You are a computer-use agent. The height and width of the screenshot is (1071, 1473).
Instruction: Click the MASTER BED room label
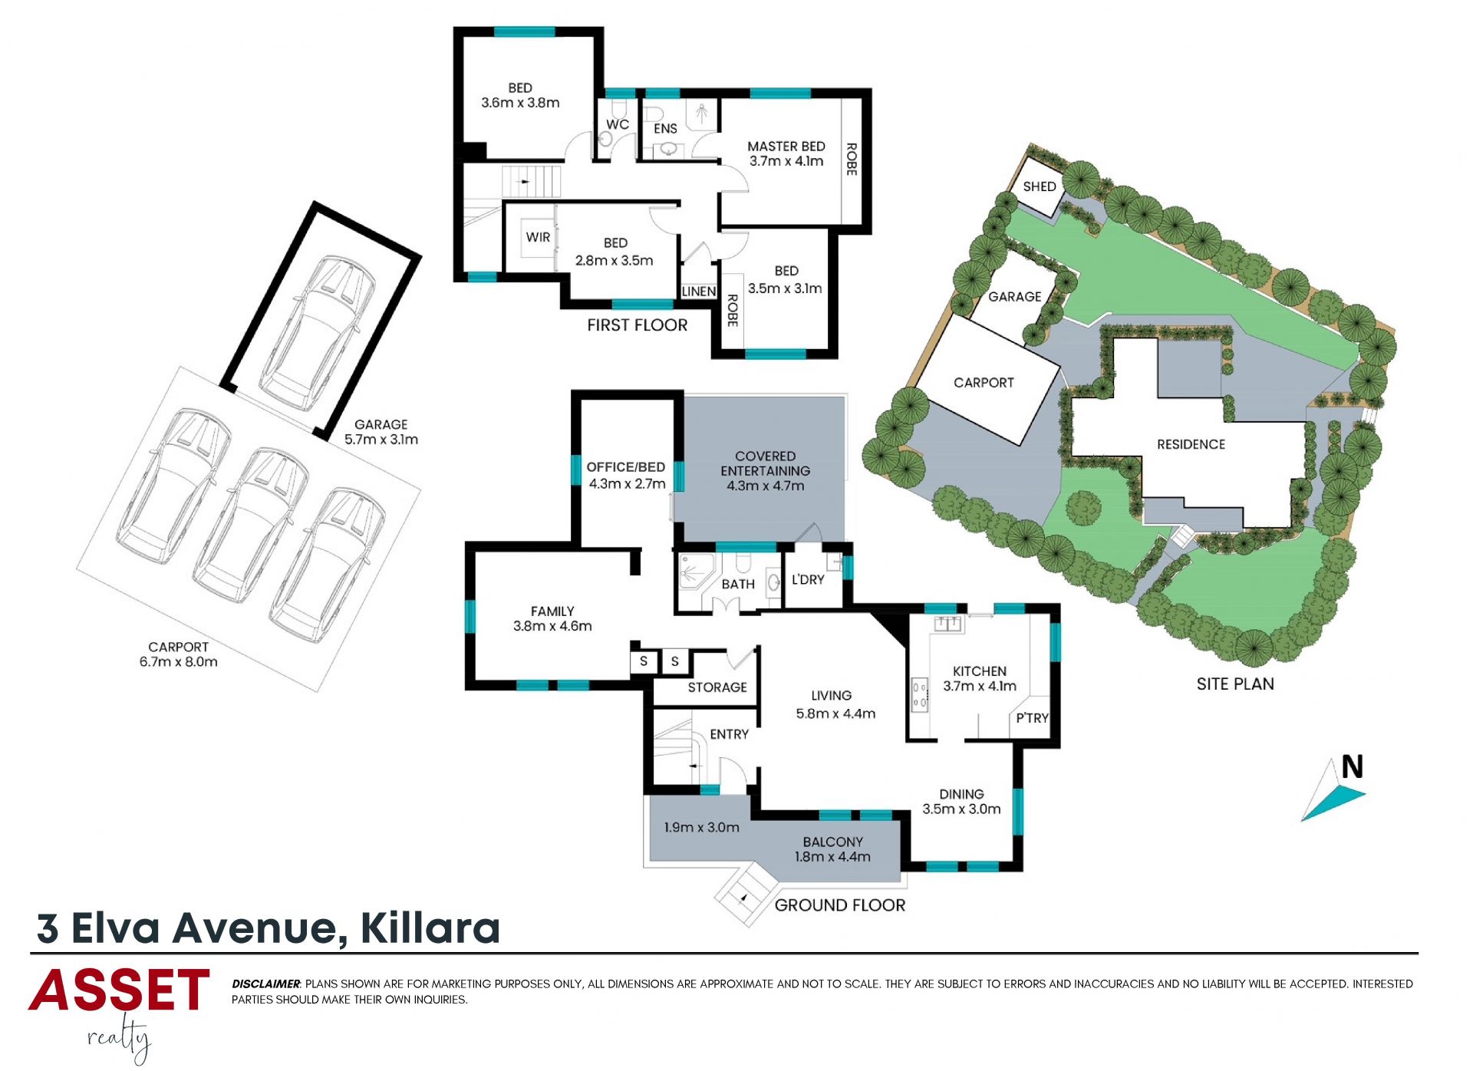(786, 147)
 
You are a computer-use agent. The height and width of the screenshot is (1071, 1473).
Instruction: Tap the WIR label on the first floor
(538, 237)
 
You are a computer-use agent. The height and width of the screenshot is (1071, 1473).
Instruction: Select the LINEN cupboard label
(699, 292)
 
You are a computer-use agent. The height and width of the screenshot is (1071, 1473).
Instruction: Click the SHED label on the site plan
(1040, 186)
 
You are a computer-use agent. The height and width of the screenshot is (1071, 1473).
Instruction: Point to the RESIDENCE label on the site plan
(1191, 444)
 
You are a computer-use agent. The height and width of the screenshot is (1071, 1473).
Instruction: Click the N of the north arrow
(1353, 767)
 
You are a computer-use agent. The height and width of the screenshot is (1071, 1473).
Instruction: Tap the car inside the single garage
(317, 334)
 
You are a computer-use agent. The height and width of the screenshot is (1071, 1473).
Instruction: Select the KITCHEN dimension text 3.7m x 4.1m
(980, 686)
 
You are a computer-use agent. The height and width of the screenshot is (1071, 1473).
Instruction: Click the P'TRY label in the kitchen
(1032, 718)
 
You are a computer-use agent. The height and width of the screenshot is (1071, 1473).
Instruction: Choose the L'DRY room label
(808, 579)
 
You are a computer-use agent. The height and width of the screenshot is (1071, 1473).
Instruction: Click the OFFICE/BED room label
(626, 467)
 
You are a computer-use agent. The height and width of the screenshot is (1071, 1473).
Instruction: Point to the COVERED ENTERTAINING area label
(765, 463)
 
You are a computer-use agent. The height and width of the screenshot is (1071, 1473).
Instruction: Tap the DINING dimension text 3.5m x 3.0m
(961, 809)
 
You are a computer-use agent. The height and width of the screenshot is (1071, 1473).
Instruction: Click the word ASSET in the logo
(119, 990)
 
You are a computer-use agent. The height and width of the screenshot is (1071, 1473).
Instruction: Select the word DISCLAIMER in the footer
(266, 984)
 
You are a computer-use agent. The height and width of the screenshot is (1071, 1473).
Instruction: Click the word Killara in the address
(430, 928)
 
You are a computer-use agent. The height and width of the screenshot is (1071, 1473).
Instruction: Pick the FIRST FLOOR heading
(638, 325)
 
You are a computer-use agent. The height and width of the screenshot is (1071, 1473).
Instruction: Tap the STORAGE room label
(717, 687)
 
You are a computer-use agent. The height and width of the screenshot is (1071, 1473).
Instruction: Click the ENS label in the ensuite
(665, 129)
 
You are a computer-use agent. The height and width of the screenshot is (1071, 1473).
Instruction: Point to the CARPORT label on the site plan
(984, 383)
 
